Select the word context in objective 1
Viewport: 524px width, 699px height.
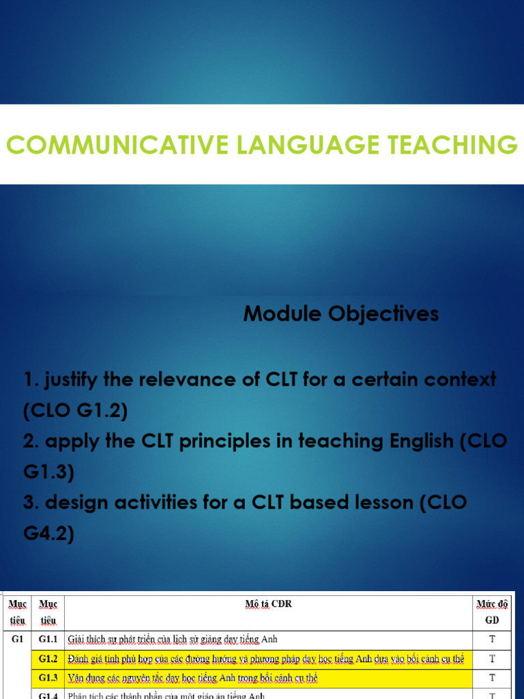point(458,380)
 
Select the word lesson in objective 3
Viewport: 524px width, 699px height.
point(377,503)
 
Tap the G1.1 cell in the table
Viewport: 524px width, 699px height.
point(48,640)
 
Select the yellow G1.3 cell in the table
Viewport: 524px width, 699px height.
point(48,678)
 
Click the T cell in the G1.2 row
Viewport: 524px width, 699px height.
point(492,659)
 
